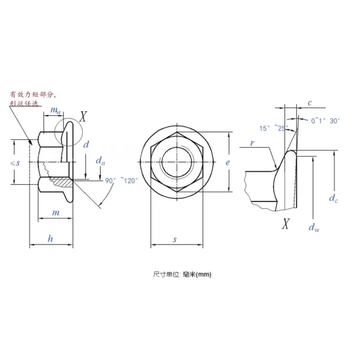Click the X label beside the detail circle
83,116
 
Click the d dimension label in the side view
86,145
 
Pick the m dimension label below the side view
55,213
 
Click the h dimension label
50,238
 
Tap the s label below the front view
175,239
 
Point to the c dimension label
309,103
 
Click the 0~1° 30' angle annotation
326,121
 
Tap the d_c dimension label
334,197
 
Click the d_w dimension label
313,226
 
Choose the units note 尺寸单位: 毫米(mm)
182,274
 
